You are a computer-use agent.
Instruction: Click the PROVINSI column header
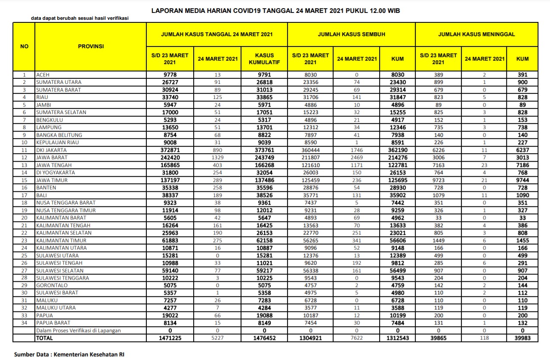(91, 46)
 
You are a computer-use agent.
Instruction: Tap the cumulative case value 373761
(265, 150)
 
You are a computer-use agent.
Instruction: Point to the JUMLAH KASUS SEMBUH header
(351, 34)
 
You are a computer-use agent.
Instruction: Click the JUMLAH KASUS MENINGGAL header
(476, 34)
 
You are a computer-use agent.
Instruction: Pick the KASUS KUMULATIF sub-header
(265, 58)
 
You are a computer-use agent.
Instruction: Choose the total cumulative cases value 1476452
(265, 338)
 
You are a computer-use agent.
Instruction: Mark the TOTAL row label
(45, 338)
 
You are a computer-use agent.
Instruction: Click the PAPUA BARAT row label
(53, 323)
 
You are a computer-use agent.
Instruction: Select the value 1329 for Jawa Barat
(217, 157)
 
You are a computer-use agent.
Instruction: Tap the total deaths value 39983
(522, 338)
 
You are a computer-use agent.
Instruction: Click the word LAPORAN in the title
(167, 11)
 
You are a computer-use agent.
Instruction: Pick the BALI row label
(43, 195)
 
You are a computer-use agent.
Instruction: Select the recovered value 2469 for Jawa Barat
(356, 157)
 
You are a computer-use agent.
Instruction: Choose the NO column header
(25, 46)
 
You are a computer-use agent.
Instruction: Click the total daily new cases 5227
(217, 338)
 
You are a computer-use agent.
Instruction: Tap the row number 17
(25, 195)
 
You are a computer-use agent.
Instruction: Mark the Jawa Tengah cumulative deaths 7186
(522, 165)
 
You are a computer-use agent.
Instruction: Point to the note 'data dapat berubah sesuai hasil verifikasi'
(80, 18)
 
